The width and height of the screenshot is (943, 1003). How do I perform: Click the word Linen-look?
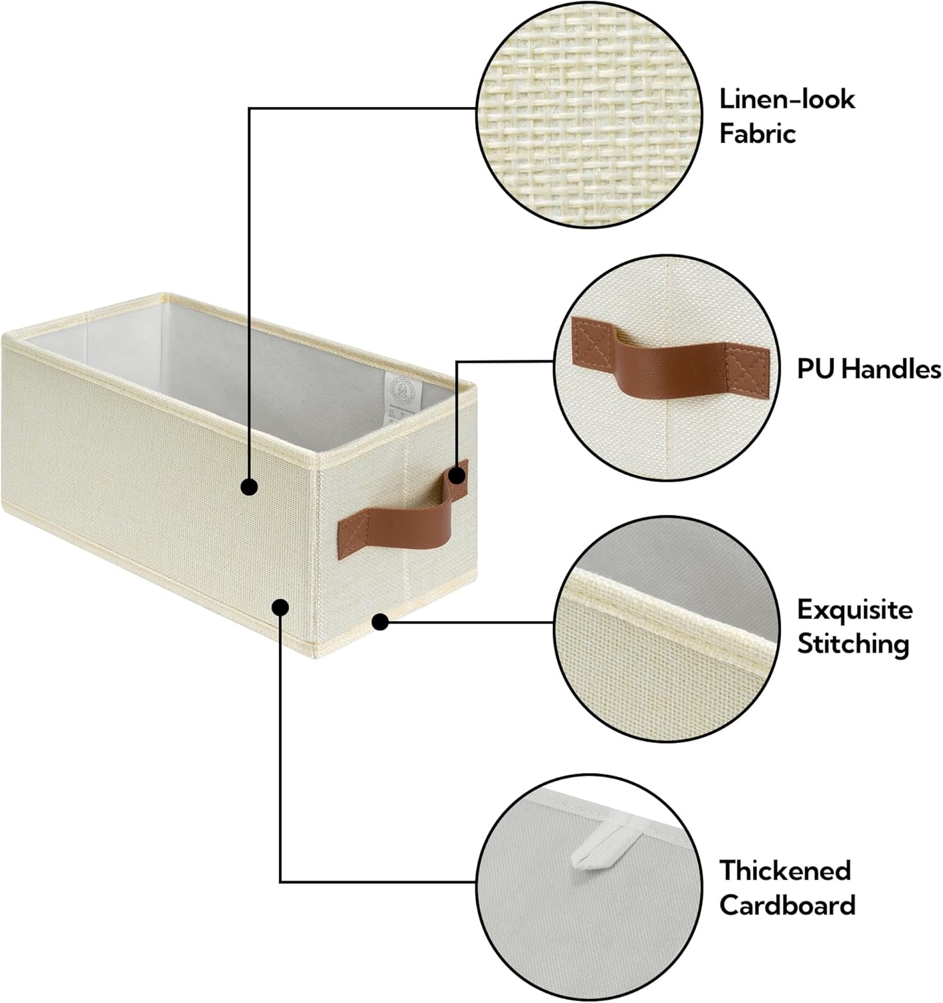tap(787, 99)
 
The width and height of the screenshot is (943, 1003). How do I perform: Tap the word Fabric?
tap(758, 134)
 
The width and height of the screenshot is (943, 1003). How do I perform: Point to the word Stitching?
tap(853, 645)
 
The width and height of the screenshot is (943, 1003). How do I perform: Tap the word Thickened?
tap(785, 871)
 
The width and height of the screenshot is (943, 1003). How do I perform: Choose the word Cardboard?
tap(787, 905)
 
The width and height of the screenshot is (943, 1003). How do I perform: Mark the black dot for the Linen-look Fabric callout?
tap(249, 487)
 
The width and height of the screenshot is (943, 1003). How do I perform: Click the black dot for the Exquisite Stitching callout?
tap(380, 623)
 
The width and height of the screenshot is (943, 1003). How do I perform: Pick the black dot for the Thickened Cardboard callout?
tap(280, 607)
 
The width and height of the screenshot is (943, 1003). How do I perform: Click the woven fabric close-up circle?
tap(589, 114)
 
